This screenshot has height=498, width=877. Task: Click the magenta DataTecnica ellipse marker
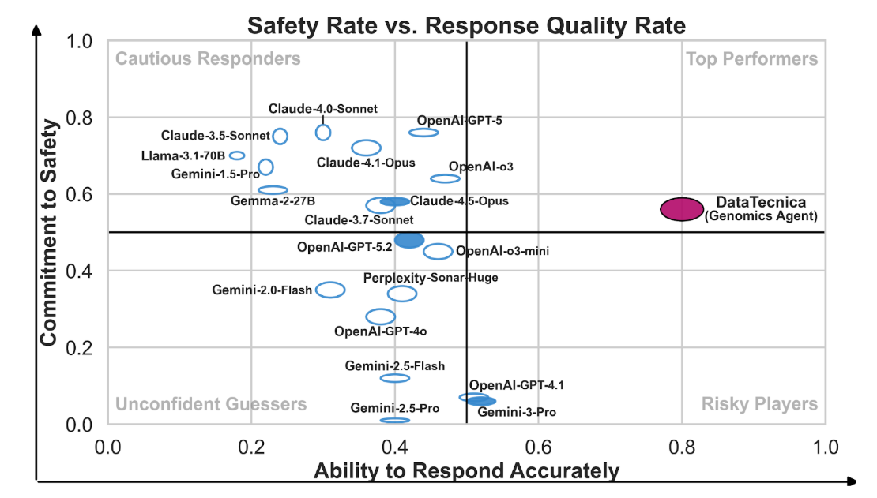[681, 208]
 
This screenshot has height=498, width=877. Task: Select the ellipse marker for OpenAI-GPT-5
[423, 132]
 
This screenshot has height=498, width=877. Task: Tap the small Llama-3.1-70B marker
[237, 155]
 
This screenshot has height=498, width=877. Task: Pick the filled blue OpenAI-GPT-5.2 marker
[409, 240]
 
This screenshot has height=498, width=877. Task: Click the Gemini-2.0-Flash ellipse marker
[330, 290]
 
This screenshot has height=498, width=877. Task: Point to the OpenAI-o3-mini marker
[438, 252]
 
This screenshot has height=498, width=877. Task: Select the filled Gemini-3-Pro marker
[481, 401]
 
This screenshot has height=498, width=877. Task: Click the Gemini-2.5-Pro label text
[395, 408]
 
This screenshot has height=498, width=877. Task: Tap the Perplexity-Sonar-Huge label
[431, 277]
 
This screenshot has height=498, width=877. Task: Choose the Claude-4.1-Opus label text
[366, 163]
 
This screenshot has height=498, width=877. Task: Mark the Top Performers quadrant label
[751, 59]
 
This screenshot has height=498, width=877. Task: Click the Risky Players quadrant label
[759, 404]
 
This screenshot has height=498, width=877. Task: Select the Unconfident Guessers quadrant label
[211, 404]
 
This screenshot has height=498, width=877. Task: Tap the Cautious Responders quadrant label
[209, 59]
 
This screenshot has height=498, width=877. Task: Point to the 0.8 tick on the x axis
[682, 447]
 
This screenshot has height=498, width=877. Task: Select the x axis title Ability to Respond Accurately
[466, 471]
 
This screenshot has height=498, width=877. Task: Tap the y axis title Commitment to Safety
[49, 232]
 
